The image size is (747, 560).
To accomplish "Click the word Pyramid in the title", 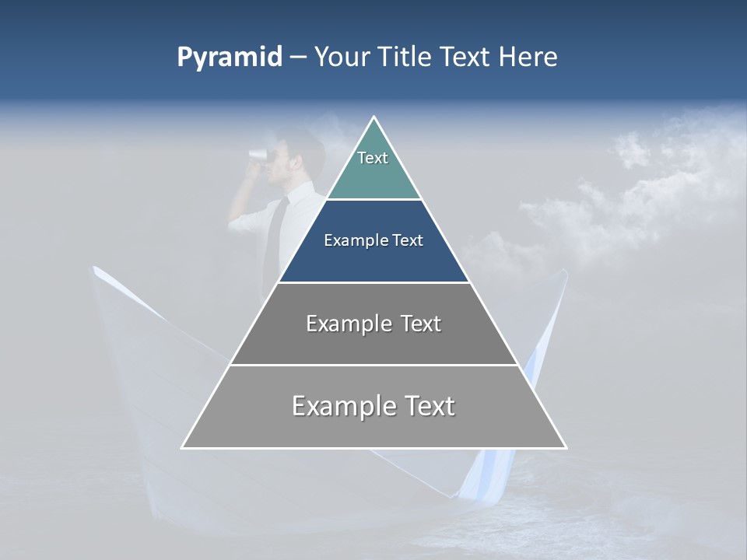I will [x=230, y=58].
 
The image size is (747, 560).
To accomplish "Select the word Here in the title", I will [x=528, y=58].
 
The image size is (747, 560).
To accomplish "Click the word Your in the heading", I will [x=342, y=58].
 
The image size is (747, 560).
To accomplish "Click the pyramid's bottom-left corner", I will [x=184, y=446].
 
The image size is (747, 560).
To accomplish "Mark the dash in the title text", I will [x=298, y=58].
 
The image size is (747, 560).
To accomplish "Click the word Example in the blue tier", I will [x=348, y=240].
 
